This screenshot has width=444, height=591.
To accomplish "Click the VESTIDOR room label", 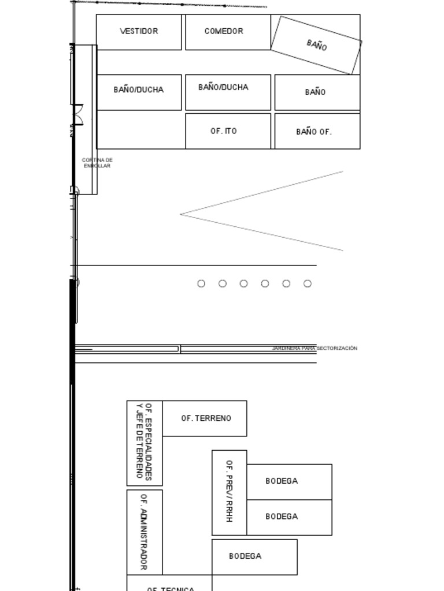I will point(139,31).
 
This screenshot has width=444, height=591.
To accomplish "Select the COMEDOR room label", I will point(224,31).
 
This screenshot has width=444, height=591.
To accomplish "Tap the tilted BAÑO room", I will point(316,44).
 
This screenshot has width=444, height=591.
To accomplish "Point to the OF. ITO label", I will point(223,131).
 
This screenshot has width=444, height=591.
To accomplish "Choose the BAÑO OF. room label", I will point(314,132).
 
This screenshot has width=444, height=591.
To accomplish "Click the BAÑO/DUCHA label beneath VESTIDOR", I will point(139,89).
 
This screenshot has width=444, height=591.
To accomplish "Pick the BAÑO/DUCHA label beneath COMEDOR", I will point(223,87).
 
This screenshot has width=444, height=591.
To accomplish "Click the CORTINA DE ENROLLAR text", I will point(97,163).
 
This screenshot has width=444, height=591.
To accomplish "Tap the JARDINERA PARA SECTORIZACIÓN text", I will point(314,348).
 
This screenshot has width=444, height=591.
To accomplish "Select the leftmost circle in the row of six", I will point(201,283).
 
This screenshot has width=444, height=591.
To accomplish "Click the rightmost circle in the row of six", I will point(308,283).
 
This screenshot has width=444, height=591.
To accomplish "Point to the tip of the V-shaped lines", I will point(182,214).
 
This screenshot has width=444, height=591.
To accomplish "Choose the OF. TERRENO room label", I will point(206,418).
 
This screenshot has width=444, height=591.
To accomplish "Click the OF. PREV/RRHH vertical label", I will point(229,492).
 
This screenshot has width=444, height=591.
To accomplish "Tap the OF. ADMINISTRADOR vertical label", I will point(144,532).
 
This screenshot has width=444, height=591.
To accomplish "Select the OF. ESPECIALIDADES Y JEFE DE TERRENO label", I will point(144,442).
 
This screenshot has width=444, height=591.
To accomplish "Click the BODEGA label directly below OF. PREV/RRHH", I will point(245,556).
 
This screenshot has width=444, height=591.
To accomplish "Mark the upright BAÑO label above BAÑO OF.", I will point(315,92).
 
